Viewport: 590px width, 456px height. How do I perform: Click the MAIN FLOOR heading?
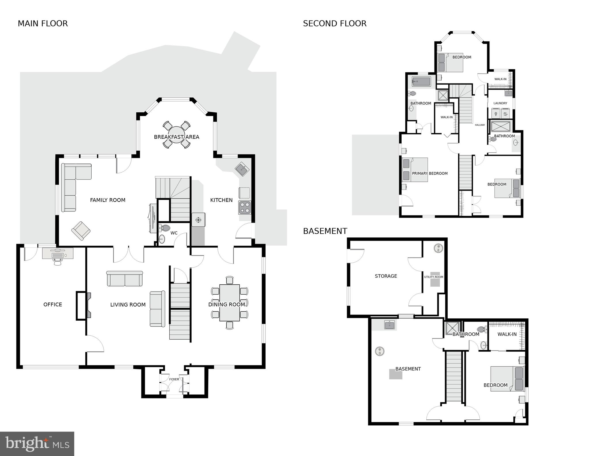(43, 24)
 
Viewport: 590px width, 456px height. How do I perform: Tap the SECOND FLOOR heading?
(334, 24)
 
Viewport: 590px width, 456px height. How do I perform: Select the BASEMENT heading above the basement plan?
(325, 231)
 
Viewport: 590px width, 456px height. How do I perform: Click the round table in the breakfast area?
(176, 135)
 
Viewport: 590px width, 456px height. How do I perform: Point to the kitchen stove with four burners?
(245, 207)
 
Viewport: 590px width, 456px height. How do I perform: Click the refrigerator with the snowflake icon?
(198, 220)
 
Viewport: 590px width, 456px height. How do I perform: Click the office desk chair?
(58, 262)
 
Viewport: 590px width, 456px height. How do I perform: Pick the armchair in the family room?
(81, 230)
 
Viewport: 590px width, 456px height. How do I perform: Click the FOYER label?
(174, 379)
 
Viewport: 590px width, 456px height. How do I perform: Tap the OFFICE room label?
(53, 304)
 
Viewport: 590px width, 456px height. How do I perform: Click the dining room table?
(230, 302)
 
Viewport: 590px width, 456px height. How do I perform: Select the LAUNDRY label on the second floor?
(500, 103)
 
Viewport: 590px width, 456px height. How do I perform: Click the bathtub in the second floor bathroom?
(421, 82)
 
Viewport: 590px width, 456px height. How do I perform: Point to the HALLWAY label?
(480, 125)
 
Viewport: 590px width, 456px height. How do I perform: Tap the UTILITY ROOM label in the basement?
(434, 277)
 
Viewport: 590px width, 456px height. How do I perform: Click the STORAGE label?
(386, 276)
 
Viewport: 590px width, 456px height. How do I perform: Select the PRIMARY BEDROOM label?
(430, 173)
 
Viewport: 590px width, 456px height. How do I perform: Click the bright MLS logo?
(37, 444)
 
